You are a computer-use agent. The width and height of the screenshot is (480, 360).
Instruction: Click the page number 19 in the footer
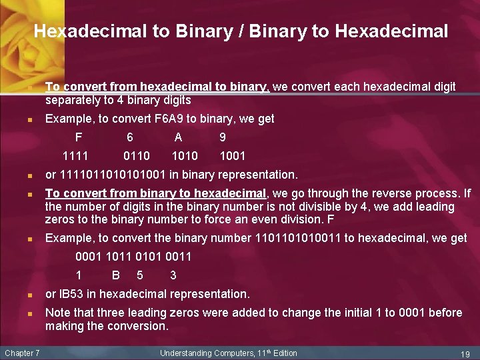(465, 353)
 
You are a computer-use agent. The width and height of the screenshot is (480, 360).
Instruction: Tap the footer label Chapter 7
(22, 353)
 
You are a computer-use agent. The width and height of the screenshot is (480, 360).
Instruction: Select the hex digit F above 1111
(79, 137)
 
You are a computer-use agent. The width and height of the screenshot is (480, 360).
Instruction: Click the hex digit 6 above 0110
(130, 137)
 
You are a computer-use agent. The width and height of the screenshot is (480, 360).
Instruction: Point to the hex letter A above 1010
(178, 137)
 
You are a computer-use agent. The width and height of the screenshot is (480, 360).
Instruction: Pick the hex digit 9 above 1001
(223, 137)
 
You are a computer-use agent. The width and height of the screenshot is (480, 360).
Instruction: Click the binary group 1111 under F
(75, 156)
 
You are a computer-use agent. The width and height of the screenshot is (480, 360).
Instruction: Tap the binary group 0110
(137, 156)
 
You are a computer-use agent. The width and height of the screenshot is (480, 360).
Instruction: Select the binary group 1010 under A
(185, 156)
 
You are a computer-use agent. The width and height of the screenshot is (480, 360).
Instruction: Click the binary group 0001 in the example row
(89, 257)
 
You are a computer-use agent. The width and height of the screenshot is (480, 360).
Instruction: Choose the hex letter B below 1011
(115, 275)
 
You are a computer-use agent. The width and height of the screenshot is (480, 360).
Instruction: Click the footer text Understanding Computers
(205, 353)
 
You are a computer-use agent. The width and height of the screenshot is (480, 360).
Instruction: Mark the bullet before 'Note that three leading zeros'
(31, 313)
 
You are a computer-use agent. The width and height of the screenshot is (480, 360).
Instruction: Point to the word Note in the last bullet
(57, 313)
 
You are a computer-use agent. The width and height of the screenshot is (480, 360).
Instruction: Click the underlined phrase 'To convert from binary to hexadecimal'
(155, 193)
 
